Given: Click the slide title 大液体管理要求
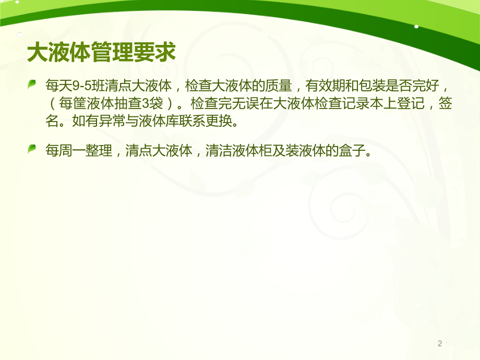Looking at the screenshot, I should coord(101,53).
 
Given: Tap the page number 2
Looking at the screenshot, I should coord(440,343).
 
